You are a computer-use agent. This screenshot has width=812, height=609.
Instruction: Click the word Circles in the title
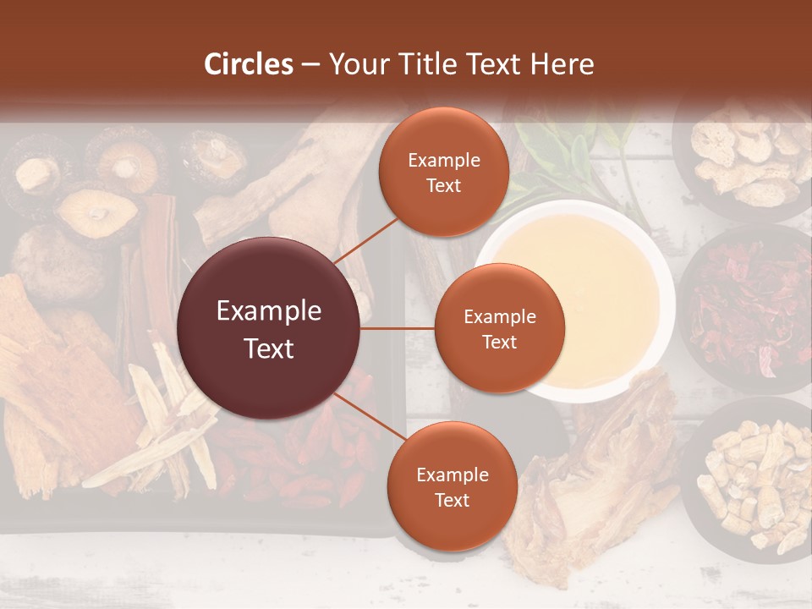pyautogui.click(x=249, y=64)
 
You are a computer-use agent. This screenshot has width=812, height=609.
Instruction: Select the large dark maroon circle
pyautogui.click(x=269, y=328)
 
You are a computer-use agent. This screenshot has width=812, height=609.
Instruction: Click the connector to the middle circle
pyautogui.click(x=398, y=328)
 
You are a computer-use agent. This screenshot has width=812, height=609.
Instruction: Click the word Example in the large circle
pyautogui.click(x=269, y=311)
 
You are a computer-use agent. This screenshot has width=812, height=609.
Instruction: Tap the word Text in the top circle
pyautogui.click(x=443, y=185)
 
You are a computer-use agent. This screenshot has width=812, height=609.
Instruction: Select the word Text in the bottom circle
pyautogui.click(x=452, y=500)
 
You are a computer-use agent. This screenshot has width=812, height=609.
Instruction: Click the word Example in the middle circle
pyautogui.click(x=499, y=317)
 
